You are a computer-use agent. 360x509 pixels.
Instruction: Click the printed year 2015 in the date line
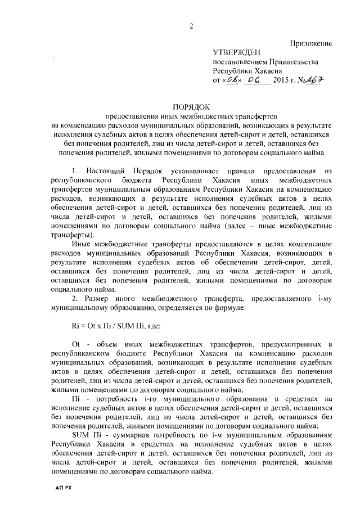280,81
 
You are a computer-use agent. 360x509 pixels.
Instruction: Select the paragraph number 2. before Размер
74,296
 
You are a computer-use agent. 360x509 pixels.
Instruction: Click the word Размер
98,296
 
